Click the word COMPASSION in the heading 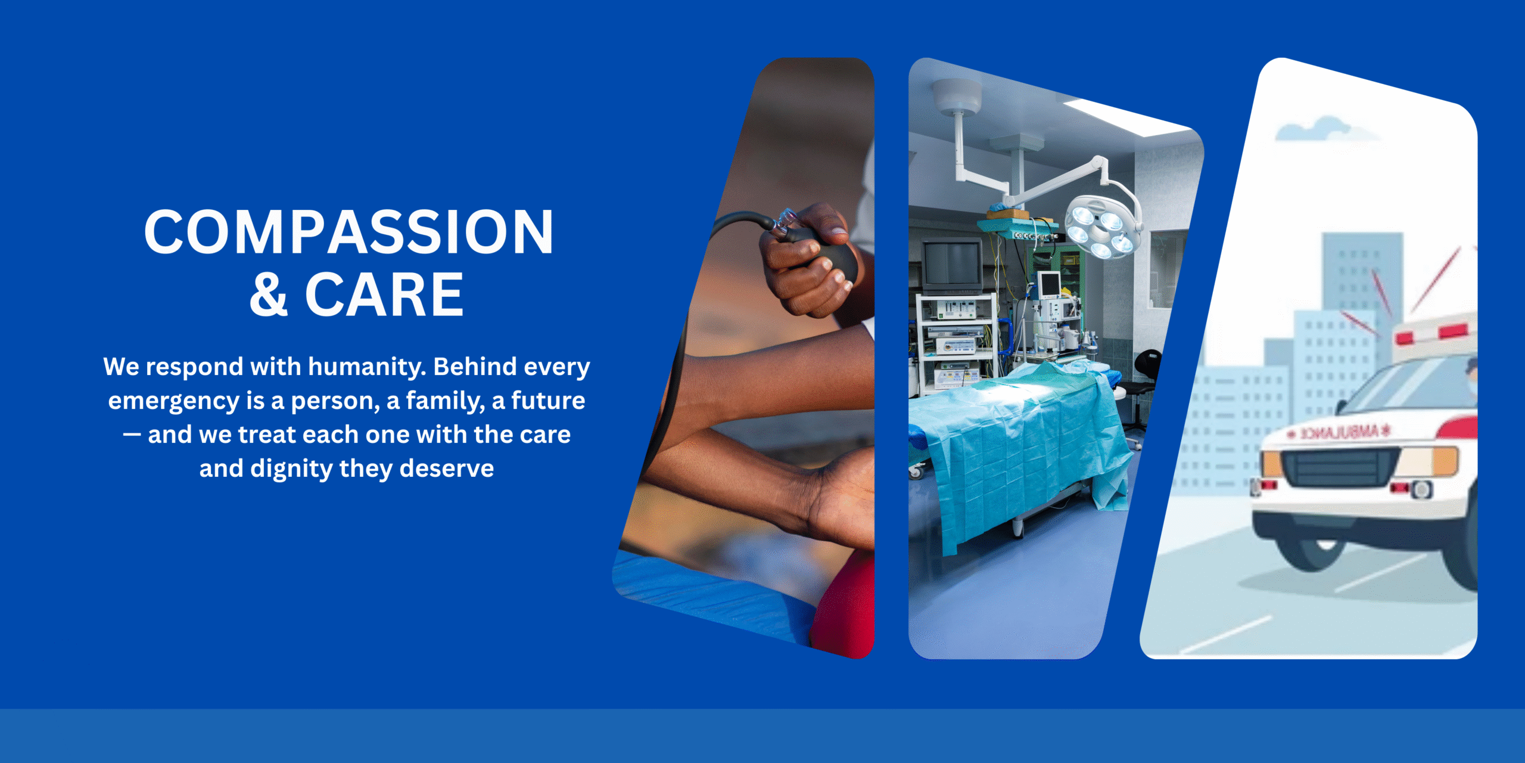point(349,232)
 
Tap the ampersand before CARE point(269,294)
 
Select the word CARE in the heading point(384,294)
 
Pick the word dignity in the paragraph point(292,469)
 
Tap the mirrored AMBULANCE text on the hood point(1338,432)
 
